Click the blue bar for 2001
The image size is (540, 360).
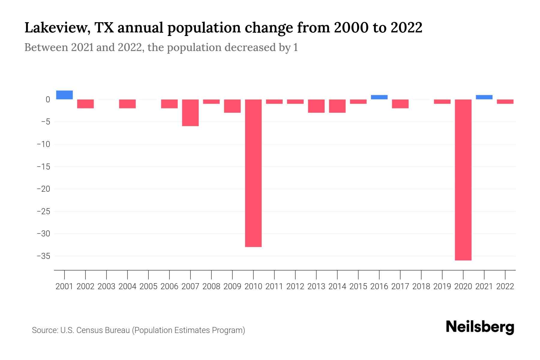pyautogui.click(x=64, y=95)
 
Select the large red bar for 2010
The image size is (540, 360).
pyautogui.click(x=253, y=173)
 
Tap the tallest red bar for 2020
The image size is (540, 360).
pyautogui.click(x=463, y=180)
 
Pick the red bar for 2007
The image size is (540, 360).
pyautogui.click(x=190, y=113)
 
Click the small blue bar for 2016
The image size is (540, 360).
pyautogui.click(x=379, y=97)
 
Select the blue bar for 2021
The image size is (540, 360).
pyautogui.click(x=484, y=97)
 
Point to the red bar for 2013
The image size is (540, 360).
pyautogui.click(x=316, y=106)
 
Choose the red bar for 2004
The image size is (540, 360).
pyautogui.click(x=127, y=104)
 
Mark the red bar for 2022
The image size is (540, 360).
pyautogui.click(x=505, y=102)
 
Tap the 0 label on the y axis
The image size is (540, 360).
pyautogui.click(x=48, y=100)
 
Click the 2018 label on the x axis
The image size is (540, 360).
pyautogui.click(x=421, y=286)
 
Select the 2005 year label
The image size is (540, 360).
pyautogui.click(x=148, y=286)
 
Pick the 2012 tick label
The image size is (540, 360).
pyautogui.click(x=295, y=286)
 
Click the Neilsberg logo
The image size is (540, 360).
pyautogui.click(x=480, y=327)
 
